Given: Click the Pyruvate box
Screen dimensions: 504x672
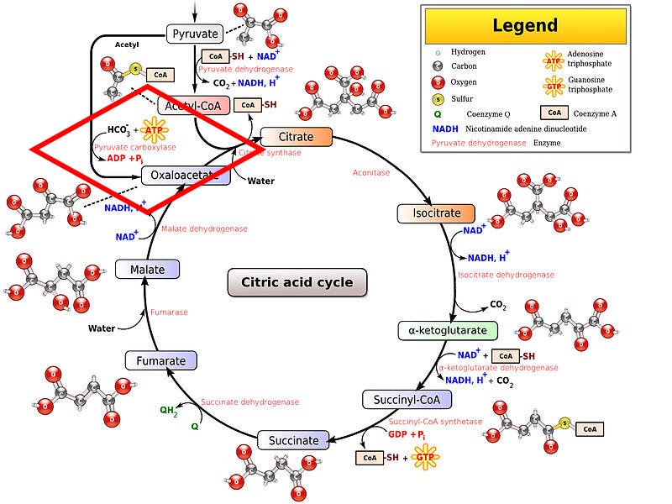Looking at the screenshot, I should click(x=195, y=34).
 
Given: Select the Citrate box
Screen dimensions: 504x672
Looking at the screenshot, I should click(x=297, y=137).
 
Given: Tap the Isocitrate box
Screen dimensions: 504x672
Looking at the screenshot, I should click(x=435, y=213).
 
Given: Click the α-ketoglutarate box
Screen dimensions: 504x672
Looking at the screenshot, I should click(x=442, y=330).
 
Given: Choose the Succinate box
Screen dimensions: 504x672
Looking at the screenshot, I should click(x=293, y=440).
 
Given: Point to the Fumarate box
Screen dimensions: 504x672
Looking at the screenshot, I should click(x=160, y=361).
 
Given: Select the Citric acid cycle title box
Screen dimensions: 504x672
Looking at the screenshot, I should click(x=297, y=282).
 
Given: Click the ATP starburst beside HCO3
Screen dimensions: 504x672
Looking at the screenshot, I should click(x=154, y=130).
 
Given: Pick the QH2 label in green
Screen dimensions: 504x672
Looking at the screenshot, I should click(x=169, y=411).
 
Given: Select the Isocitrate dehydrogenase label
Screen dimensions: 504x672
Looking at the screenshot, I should click(x=506, y=275).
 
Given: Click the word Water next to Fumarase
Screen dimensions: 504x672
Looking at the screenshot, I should click(x=102, y=328).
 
